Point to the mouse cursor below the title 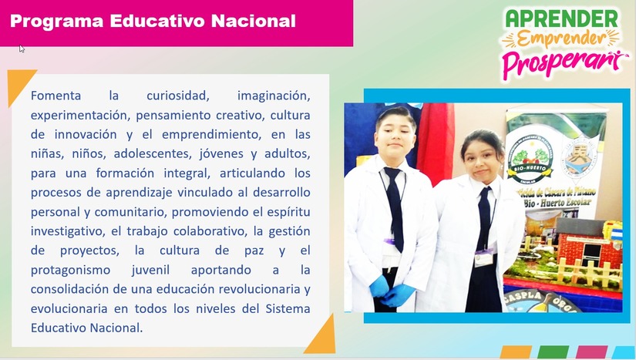point(22,49)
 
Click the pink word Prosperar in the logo point(560,62)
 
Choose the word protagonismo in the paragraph point(70,270)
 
